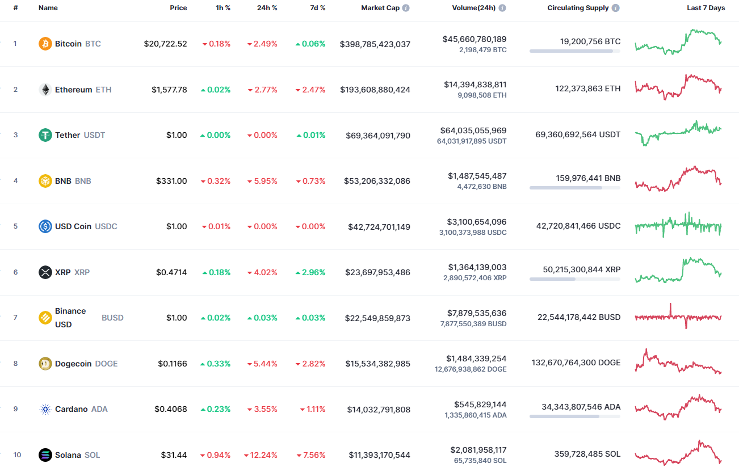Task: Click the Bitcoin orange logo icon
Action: tap(45, 44)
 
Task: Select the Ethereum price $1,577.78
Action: tap(169, 90)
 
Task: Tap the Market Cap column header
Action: tap(380, 8)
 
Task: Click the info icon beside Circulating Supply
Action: tap(616, 9)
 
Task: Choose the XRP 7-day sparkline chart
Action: tap(678, 270)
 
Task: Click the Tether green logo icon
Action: tap(45, 135)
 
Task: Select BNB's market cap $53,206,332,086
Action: tap(377, 181)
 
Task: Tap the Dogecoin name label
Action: tap(73, 364)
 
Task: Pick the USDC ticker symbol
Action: tap(106, 226)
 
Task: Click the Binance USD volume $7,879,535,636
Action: tap(475, 313)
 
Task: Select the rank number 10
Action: tap(17, 455)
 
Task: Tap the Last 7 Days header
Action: tap(706, 8)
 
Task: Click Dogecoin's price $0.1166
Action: tap(173, 364)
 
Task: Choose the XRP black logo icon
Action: tap(45, 272)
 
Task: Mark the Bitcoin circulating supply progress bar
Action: tap(574, 51)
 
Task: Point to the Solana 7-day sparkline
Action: tap(678, 452)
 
